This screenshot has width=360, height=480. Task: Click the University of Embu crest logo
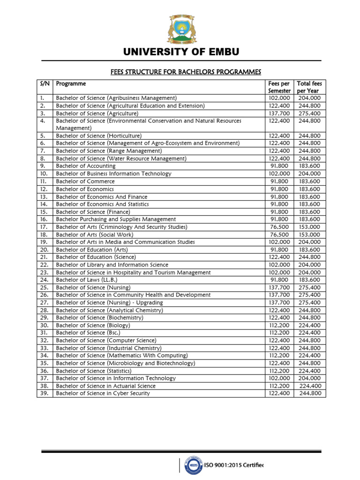pos(180,30)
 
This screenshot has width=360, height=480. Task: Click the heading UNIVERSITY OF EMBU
pos(180,52)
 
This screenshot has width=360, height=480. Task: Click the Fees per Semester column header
pos(279,87)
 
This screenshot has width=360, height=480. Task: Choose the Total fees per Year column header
pos(309,87)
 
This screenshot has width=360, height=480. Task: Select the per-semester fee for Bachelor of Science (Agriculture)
pos(279,113)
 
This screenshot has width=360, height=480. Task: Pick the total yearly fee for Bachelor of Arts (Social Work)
pos(309,234)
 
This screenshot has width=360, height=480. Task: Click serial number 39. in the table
pos(43,393)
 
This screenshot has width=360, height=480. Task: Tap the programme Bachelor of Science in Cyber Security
pos(103,393)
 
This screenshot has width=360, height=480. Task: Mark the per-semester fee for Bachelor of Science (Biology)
pos(279,325)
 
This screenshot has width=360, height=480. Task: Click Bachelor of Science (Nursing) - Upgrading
pos(109,302)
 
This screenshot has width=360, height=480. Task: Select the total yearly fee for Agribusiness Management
pos(309,98)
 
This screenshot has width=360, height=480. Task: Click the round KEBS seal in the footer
pos(191,465)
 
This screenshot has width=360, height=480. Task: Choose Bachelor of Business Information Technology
pos(113,173)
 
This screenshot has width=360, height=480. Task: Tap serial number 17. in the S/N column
pos(43,227)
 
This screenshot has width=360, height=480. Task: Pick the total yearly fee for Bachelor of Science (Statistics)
pos(309,371)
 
